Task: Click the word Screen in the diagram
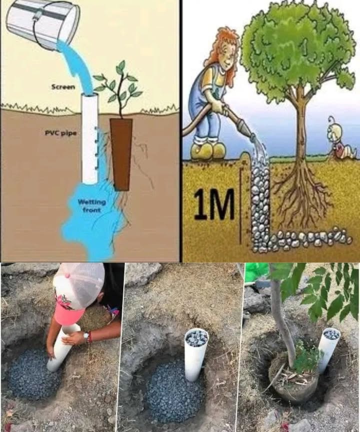pyautogui.click(x=63, y=87)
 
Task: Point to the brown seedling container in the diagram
pyautogui.click(x=121, y=153)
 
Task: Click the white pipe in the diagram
pyautogui.click(x=90, y=140)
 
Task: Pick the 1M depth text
pyautogui.click(x=213, y=203)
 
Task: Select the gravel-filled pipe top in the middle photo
pyautogui.click(x=196, y=338)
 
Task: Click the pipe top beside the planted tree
pyautogui.click(x=331, y=334)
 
